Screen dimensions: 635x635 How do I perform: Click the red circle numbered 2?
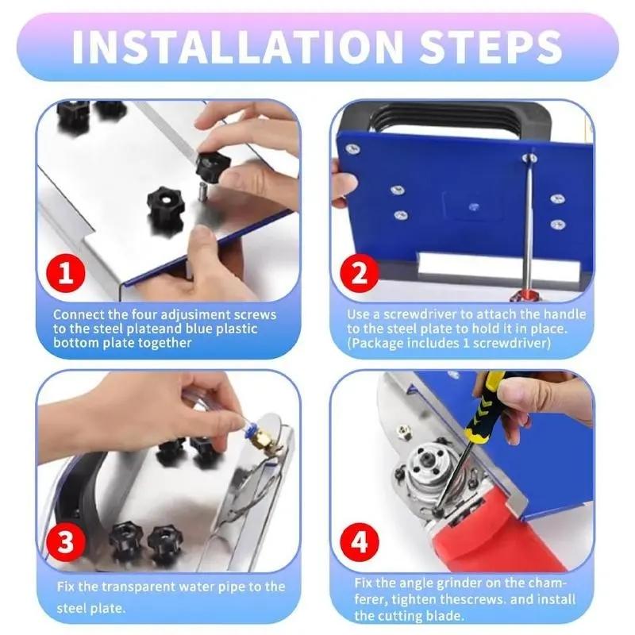[360, 275]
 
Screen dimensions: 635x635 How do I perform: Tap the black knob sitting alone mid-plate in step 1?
[165, 203]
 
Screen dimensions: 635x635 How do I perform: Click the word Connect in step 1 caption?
[77, 315]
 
